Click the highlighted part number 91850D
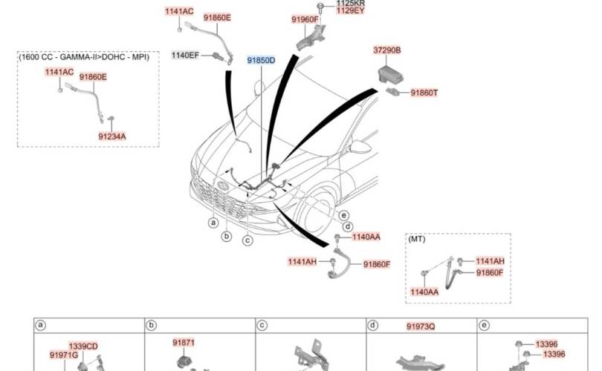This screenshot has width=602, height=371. pyautogui.click(x=261, y=61)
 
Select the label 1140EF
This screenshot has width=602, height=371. pyautogui.click(x=185, y=55)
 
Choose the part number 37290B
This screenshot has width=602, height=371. pyautogui.click(x=386, y=50)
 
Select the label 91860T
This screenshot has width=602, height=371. pyautogui.click(x=424, y=93)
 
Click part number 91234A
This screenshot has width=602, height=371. pyautogui.click(x=112, y=137)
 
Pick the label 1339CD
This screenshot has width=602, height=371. pyautogui.click(x=83, y=347)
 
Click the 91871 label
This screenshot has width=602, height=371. pyautogui.click(x=184, y=343)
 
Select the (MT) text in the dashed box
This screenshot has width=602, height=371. pyautogui.click(x=416, y=240)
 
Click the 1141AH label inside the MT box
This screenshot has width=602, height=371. pyautogui.click(x=490, y=261)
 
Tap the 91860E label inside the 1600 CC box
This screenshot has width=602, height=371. pyautogui.click(x=93, y=76)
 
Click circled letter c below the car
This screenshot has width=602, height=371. pyautogui.click(x=247, y=240)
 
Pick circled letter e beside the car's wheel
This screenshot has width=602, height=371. pyautogui.click(x=344, y=215)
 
